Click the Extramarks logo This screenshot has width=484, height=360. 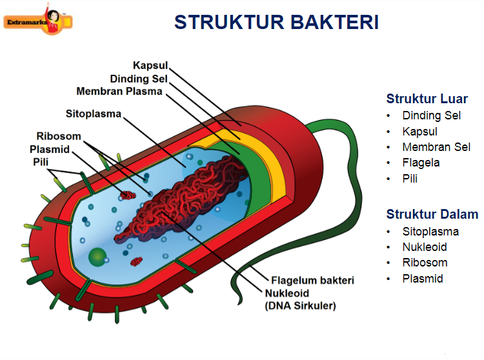point(38,21)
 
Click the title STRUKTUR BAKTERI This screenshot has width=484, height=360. point(276,22)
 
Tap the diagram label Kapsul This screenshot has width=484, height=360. point(150,66)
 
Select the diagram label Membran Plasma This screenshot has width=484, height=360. point(119,91)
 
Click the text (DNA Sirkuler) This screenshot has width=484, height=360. point(300,306)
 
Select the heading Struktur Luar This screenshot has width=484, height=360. point(427,99)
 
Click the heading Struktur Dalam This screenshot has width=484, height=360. point(432,214)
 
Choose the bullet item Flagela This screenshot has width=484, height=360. point(421,163)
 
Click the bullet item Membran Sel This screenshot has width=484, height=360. point(436,147)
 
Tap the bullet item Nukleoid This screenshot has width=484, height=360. point(425,247)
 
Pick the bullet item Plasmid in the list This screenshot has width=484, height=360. point(422,279)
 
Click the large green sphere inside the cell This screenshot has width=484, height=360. point(97,257)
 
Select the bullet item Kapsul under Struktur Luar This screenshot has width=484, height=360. point(419,132)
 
